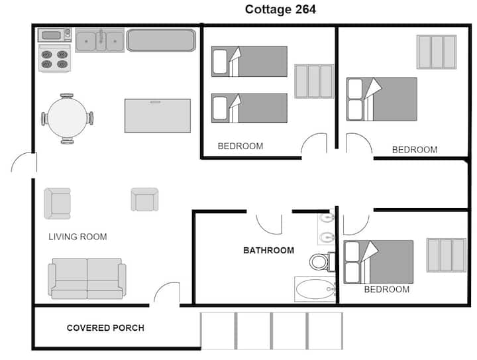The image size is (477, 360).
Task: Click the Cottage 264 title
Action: [280, 9]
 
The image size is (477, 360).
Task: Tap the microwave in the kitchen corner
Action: [55, 35]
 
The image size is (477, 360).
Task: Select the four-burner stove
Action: [54, 58]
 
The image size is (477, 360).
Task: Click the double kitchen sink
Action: [100, 40]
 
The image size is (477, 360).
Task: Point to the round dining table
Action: [67, 118]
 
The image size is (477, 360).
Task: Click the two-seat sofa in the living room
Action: [87, 278]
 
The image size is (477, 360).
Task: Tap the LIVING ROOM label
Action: [78, 237]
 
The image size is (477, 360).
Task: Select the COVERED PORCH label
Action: [105, 328]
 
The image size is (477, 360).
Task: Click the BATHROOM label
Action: [268, 251]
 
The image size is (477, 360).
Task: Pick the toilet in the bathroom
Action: [322, 261]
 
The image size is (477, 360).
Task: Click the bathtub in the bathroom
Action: [315, 289]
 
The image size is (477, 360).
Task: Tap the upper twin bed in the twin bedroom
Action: [250, 62]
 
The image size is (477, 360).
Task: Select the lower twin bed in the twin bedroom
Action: [250, 108]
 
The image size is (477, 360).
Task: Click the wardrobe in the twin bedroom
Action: [314, 82]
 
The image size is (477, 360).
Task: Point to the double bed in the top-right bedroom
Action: [382, 99]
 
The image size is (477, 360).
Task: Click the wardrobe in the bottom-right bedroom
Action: [447, 255]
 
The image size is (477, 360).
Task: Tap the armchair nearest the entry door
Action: [57, 204]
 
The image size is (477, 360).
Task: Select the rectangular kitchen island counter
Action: [158, 115]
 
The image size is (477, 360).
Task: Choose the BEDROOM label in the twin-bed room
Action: [240, 146]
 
